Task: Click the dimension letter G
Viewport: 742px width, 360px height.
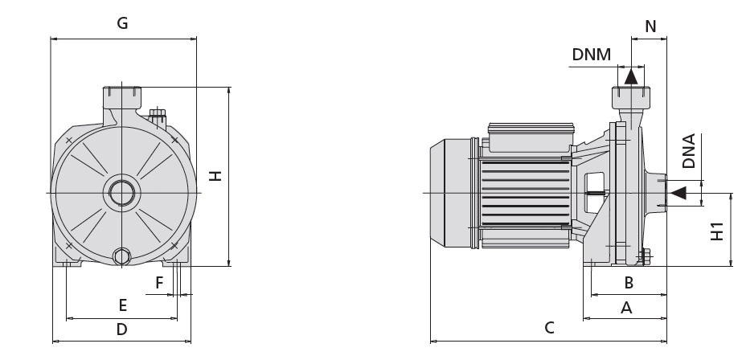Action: [122, 23]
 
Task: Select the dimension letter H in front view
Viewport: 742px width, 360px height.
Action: [215, 176]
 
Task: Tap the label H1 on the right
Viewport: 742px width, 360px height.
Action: [718, 231]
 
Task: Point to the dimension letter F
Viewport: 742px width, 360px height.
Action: [159, 283]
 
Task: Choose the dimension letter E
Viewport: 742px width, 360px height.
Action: [122, 305]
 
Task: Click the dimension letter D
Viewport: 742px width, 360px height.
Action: [121, 329]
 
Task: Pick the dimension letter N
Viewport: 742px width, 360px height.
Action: [650, 27]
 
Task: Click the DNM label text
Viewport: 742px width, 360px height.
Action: [591, 55]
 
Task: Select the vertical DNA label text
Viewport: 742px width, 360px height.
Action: [689, 151]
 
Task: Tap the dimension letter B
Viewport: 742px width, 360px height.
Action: [629, 283]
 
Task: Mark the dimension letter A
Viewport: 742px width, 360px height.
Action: [627, 307]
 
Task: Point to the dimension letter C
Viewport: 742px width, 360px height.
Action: [549, 328]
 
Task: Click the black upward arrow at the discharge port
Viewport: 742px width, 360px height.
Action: [631, 76]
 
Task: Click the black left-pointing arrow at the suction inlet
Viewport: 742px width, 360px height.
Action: [678, 193]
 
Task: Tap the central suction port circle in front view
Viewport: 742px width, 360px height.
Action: [121, 194]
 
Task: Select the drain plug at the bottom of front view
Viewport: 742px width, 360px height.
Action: [122, 257]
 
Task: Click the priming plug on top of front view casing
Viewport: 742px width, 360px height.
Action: [158, 116]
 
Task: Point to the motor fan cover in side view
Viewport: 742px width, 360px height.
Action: [447, 194]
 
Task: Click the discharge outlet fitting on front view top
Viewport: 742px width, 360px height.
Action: [122, 97]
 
